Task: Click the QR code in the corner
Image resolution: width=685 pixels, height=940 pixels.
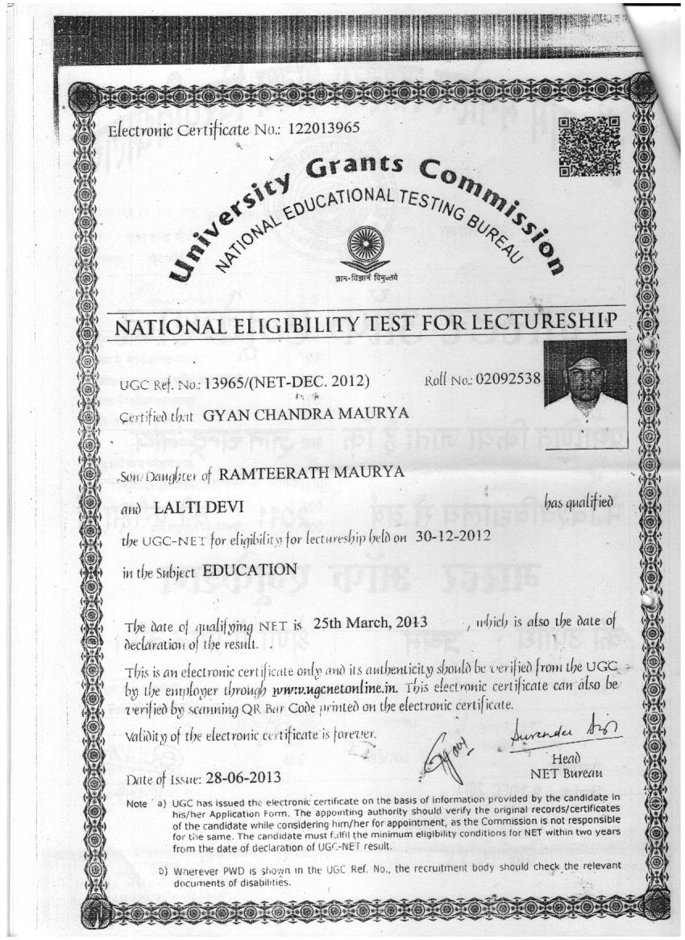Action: [x=589, y=146]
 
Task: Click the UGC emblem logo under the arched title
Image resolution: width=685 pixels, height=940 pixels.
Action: [x=367, y=253]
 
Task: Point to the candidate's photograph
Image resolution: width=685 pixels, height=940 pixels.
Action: [x=584, y=383]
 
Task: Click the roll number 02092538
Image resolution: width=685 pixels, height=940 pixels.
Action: [x=512, y=376]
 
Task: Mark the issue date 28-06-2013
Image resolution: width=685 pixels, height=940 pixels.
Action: [x=243, y=778]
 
